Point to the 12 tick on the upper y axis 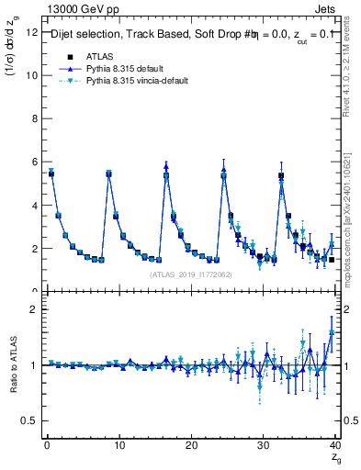(32, 32)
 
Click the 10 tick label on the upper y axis (32, 75)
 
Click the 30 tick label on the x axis (264, 445)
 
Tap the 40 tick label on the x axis (335, 445)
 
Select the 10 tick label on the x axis (118, 445)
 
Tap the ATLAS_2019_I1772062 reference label (190, 274)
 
